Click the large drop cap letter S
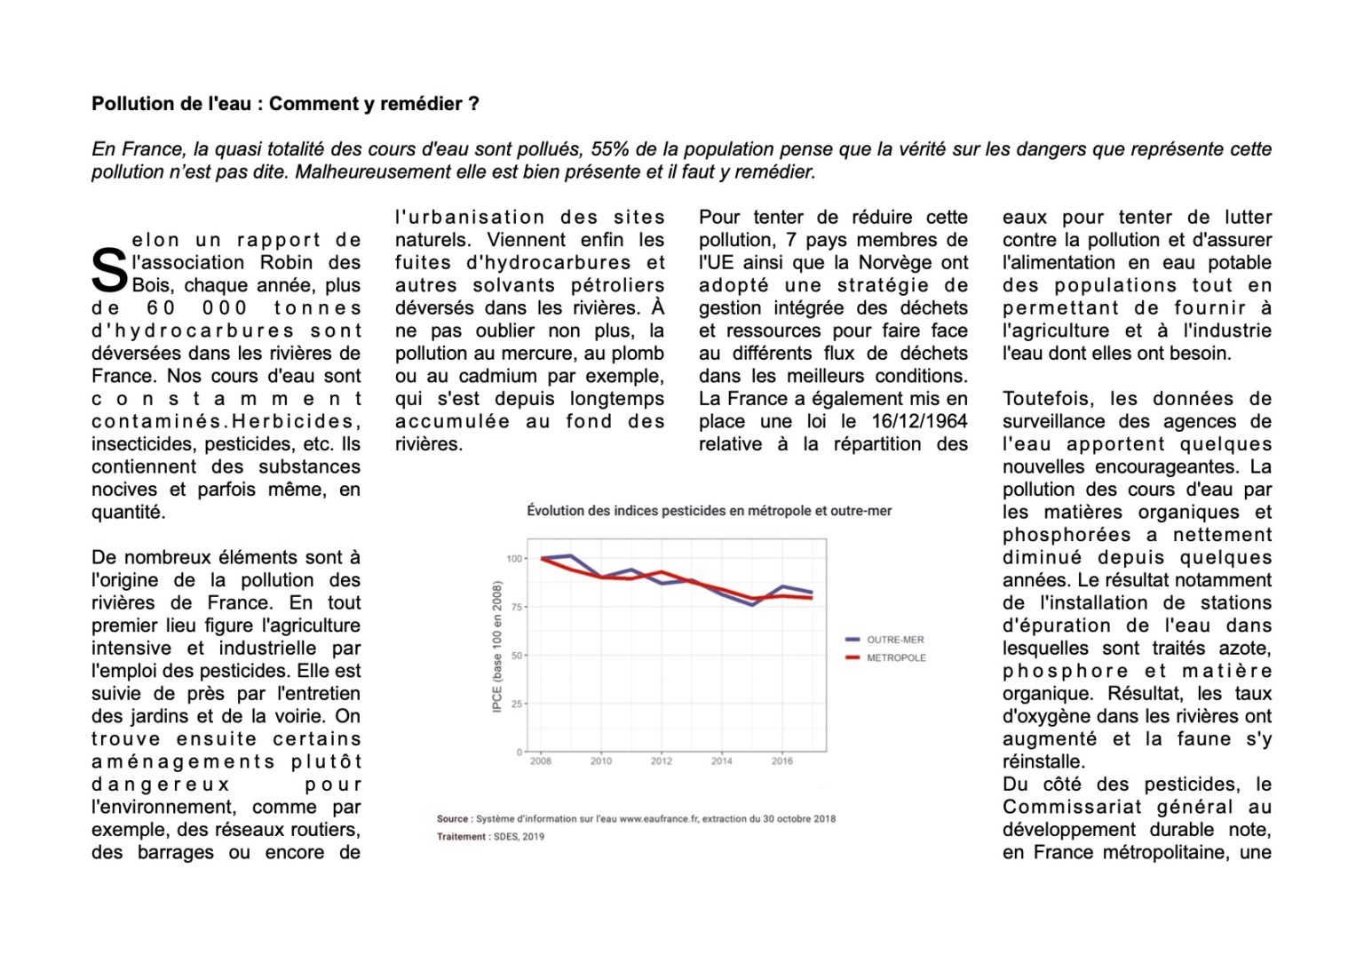click(109, 271)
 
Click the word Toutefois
click(1046, 399)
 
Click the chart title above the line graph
click(709, 511)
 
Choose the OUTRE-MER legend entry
click(895, 640)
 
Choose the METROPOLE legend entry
click(896, 658)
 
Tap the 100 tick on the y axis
click(514, 559)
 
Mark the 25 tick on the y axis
click(517, 704)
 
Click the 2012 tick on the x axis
click(662, 761)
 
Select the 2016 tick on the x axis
click(782, 761)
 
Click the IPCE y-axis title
click(497, 646)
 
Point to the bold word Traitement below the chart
click(461, 837)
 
